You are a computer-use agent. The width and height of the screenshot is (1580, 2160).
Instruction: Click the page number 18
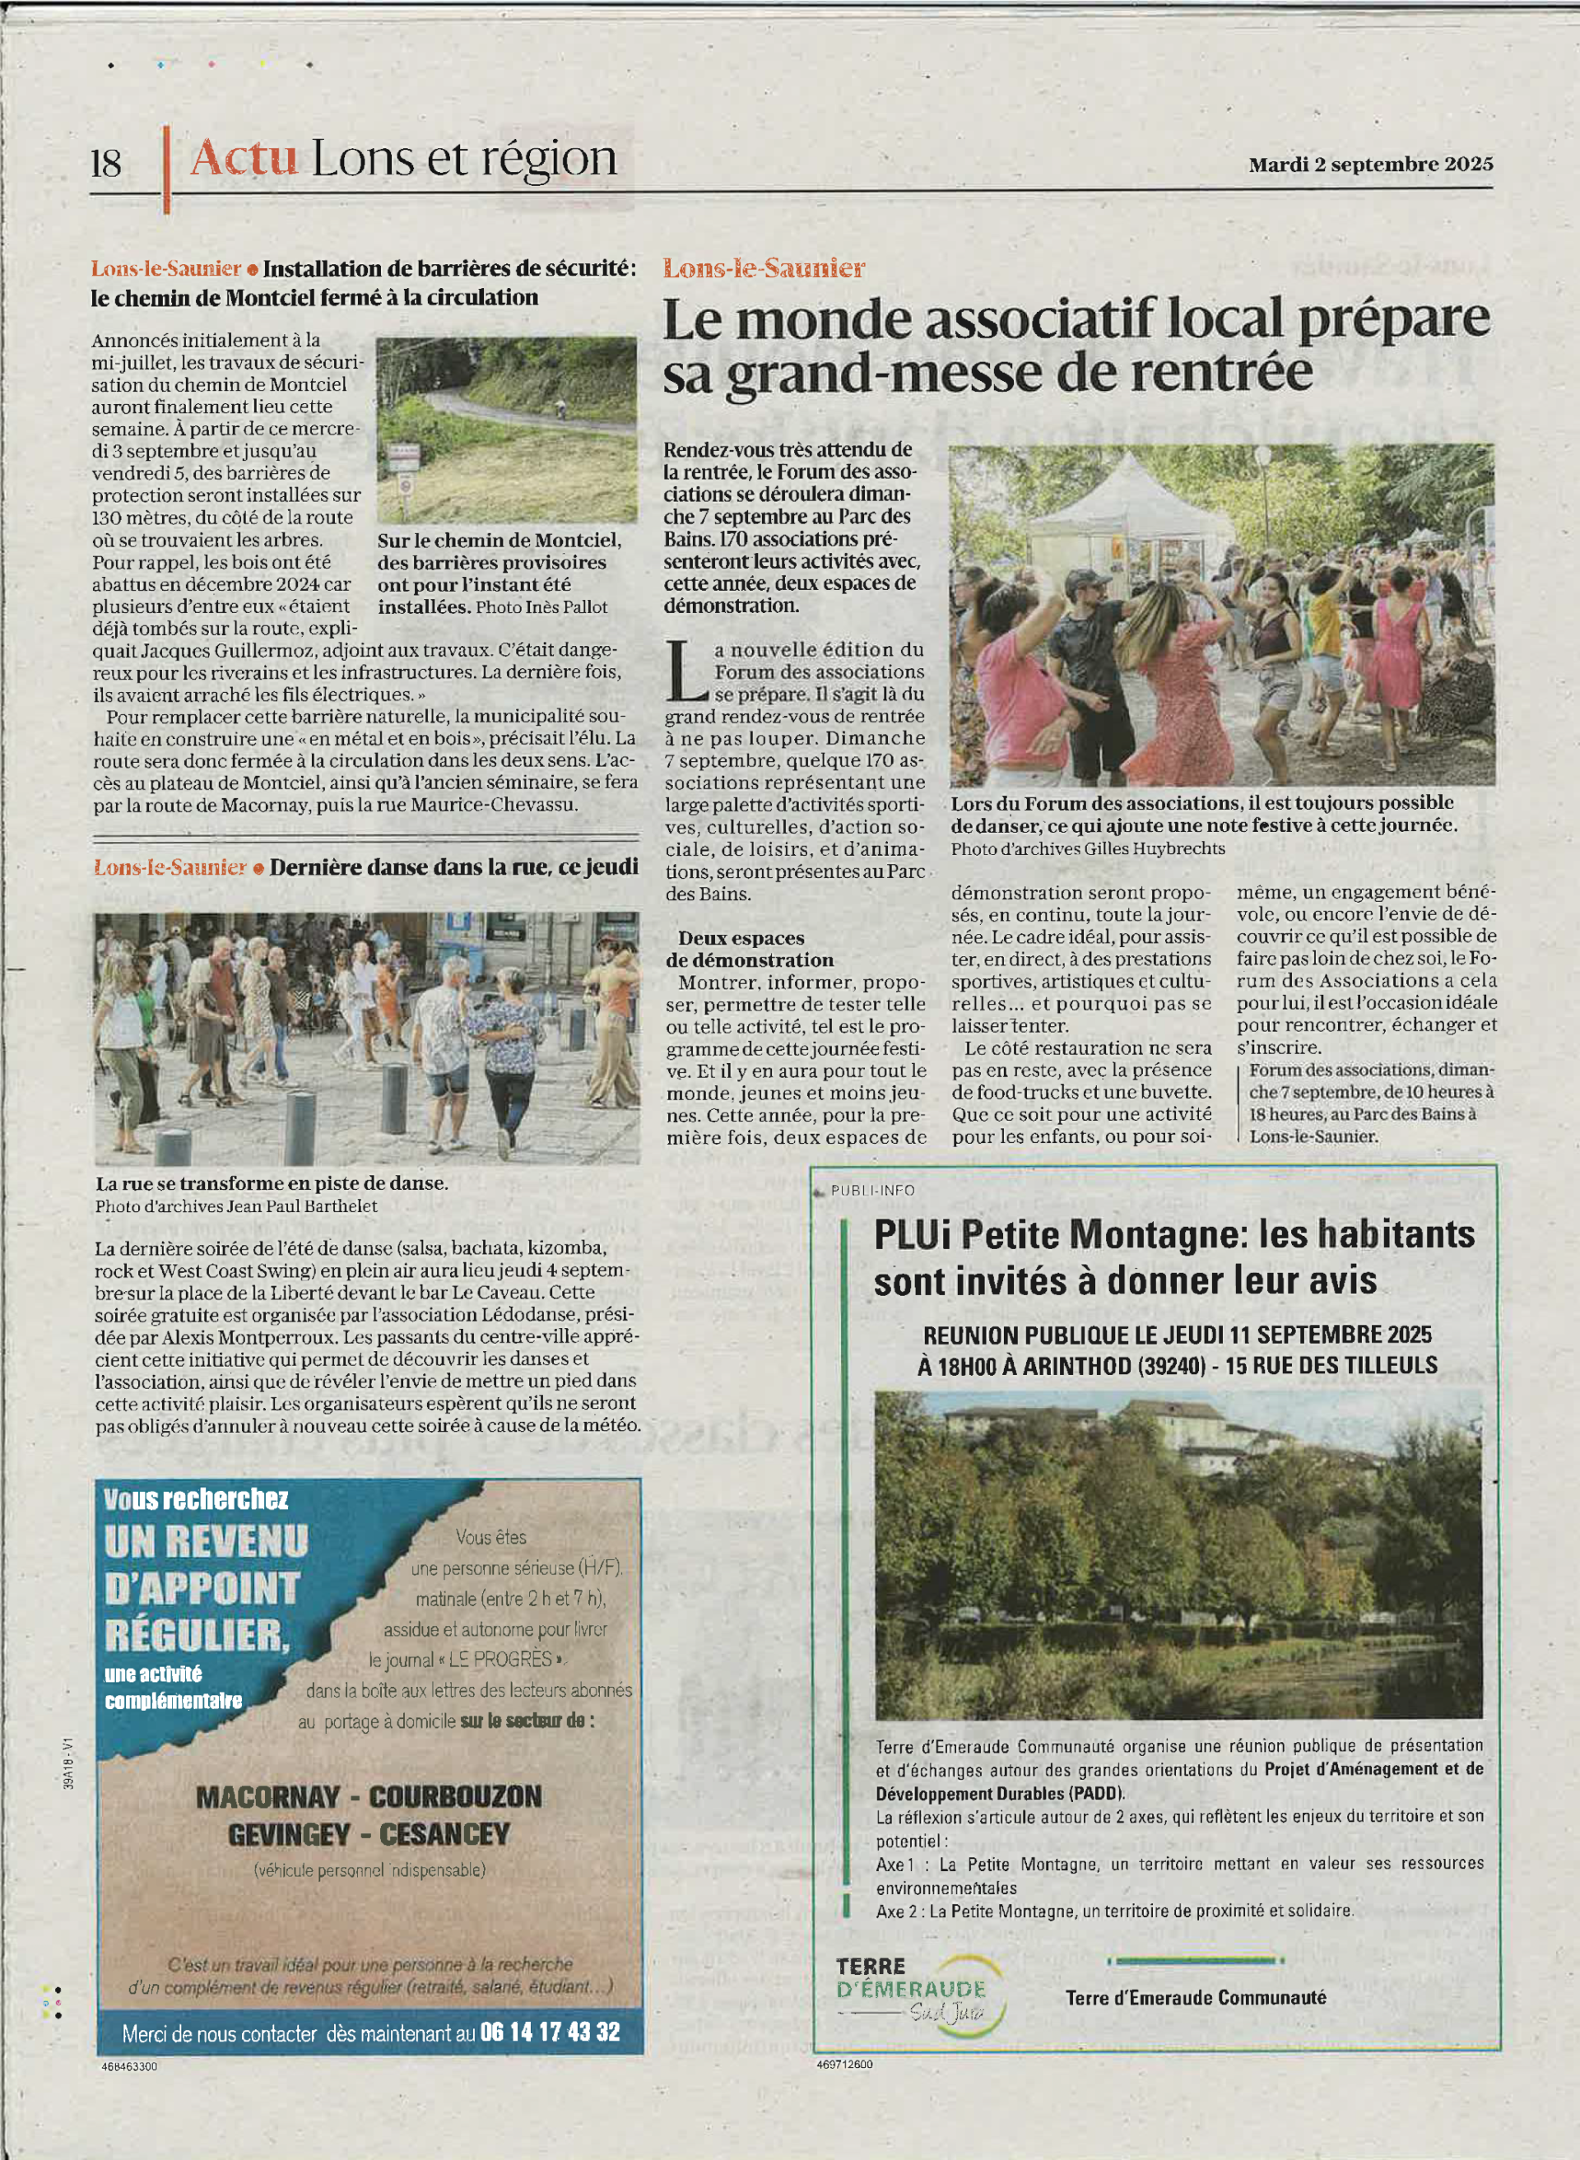106,163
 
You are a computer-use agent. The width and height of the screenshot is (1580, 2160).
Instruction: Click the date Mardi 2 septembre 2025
1369,165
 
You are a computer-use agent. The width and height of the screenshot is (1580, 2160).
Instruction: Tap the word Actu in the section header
243,158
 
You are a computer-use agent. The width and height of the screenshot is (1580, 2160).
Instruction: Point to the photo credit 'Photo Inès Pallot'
541,607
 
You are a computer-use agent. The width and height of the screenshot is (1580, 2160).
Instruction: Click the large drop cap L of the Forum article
685,671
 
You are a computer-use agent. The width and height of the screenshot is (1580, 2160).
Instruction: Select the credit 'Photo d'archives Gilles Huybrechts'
1086,848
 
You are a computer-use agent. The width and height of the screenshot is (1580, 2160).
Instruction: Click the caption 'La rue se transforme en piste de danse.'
272,1182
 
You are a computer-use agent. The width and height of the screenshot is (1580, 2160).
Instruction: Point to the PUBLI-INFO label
871,1191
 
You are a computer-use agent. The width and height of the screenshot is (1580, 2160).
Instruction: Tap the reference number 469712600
844,2065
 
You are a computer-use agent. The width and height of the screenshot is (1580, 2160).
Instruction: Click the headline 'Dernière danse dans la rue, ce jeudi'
453,867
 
